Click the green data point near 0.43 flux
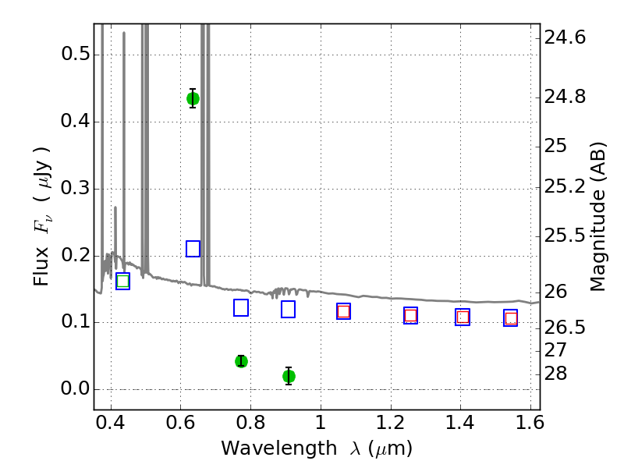point(193,99)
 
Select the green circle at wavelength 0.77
point(241,361)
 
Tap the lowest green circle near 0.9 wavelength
point(289,376)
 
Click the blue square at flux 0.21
point(193,249)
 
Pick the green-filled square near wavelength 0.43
point(123,282)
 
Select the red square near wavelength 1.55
point(511,318)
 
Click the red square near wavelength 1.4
point(463,317)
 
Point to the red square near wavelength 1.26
point(411,316)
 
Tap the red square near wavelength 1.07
point(343,311)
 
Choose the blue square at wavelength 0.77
point(241,307)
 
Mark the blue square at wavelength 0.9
point(288,309)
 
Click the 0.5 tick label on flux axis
point(75,54)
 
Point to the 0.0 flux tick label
point(75,388)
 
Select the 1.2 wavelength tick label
point(390,423)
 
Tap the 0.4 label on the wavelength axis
point(111,423)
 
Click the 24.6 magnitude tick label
point(565,37)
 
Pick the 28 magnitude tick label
point(555,374)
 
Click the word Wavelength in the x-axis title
point(279,448)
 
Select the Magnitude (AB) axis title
point(597,217)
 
